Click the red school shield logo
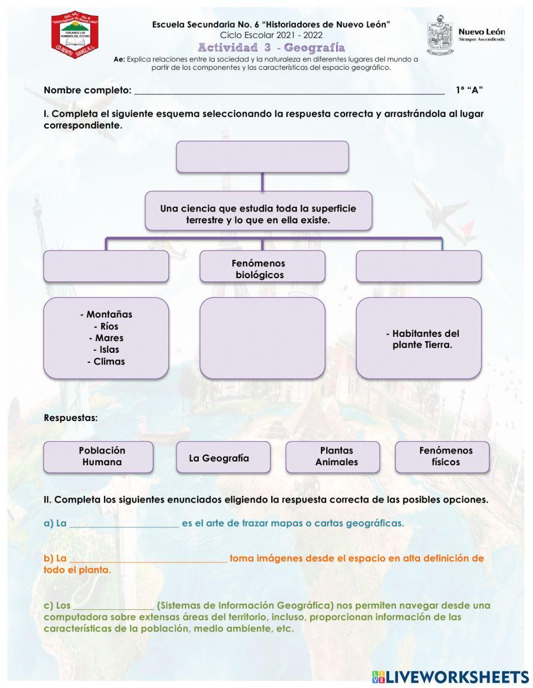[75, 36]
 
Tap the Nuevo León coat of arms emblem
[440, 36]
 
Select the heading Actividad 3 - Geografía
[271, 48]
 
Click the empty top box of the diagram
[262, 157]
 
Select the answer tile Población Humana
[99, 457]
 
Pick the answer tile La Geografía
[223, 457]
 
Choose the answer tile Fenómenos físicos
[442, 457]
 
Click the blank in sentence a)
[124, 524]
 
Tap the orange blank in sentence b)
[148, 559]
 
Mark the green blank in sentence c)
[114, 606]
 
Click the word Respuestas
[71, 418]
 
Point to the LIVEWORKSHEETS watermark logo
[450, 677]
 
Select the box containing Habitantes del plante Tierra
[418, 338]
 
